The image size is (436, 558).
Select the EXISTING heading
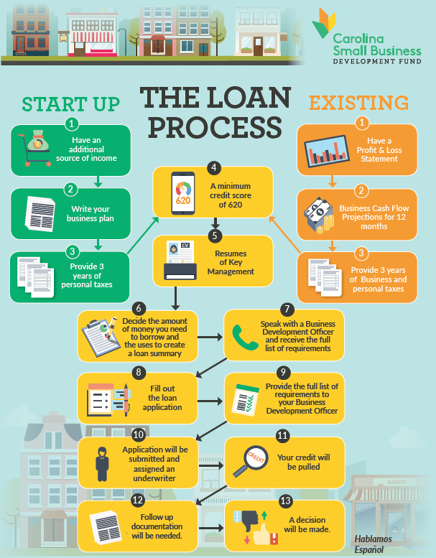point(358,103)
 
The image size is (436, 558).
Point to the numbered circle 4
point(213,167)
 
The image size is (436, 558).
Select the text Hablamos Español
point(374,542)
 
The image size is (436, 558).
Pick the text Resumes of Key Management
point(231,264)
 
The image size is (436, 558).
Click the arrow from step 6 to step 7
point(209,335)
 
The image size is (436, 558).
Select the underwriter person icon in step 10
point(101,462)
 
